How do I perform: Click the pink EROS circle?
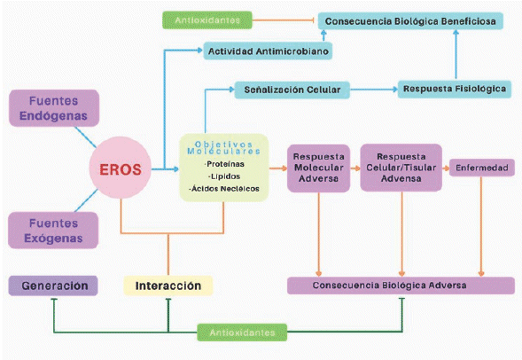tap(120, 167)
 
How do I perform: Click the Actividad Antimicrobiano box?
tap(269, 51)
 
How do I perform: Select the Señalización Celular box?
tap(291, 90)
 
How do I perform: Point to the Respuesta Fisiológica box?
tap(454, 90)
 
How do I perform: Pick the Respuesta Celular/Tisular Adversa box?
tap(401, 167)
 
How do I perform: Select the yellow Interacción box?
tap(168, 286)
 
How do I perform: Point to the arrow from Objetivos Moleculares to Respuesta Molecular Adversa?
tap(276, 167)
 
